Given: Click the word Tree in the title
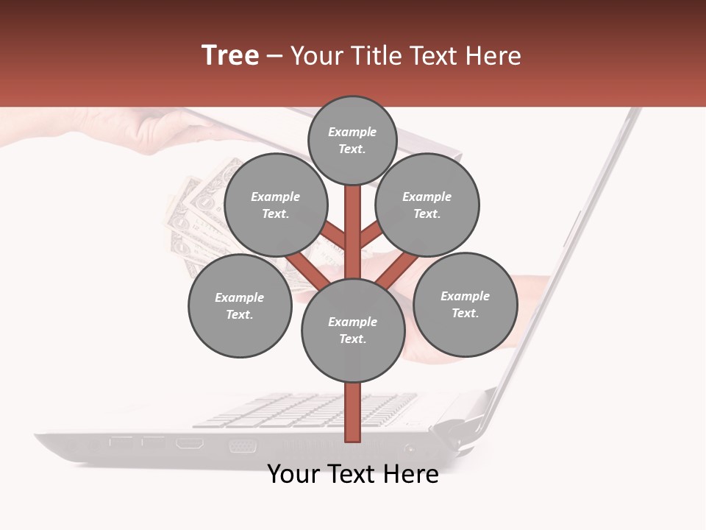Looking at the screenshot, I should pos(230,56).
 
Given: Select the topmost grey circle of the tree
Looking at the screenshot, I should pos(352,140).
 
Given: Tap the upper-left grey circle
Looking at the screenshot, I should pos(275,205).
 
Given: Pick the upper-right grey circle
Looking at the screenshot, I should pos(427,205).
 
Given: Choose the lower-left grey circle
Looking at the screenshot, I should pos(239,305).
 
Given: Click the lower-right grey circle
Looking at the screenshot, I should pos(465,304).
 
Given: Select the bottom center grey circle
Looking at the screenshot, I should pos(353,330).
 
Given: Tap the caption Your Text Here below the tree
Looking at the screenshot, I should pos(353,474).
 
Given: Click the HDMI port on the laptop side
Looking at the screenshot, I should pos(190,443).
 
